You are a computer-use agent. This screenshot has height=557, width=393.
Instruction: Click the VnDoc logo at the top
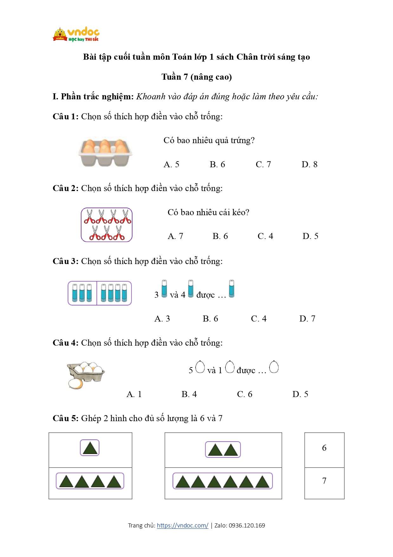click(x=76, y=35)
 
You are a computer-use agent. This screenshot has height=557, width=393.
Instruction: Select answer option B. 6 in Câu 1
click(x=217, y=164)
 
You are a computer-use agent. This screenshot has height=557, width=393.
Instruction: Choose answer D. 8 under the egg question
click(x=309, y=164)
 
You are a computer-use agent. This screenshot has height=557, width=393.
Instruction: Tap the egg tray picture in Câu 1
click(x=105, y=152)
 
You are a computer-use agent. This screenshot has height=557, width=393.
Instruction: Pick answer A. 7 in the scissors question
click(x=175, y=236)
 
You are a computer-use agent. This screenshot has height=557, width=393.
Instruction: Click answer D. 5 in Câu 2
click(x=310, y=236)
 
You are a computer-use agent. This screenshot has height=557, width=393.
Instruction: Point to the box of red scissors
click(x=106, y=225)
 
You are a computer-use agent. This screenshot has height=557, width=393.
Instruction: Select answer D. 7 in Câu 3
click(x=307, y=319)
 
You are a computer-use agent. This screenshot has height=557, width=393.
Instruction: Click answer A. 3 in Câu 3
click(x=162, y=319)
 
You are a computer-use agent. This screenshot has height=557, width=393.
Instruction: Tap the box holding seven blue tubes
click(x=100, y=293)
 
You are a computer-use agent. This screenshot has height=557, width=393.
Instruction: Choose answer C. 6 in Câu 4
click(x=245, y=394)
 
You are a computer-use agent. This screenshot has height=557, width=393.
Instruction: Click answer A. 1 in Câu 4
click(x=134, y=394)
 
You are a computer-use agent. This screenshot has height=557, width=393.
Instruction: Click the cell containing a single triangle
click(x=90, y=449)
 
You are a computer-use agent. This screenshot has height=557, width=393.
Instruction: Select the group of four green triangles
click(x=90, y=481)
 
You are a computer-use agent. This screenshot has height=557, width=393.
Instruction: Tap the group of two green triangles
click(x=223, y=449)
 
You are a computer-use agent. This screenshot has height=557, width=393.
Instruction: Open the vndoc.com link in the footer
click(x=183, y=526)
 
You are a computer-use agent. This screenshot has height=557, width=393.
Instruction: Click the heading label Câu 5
click(x=65, y=418)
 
